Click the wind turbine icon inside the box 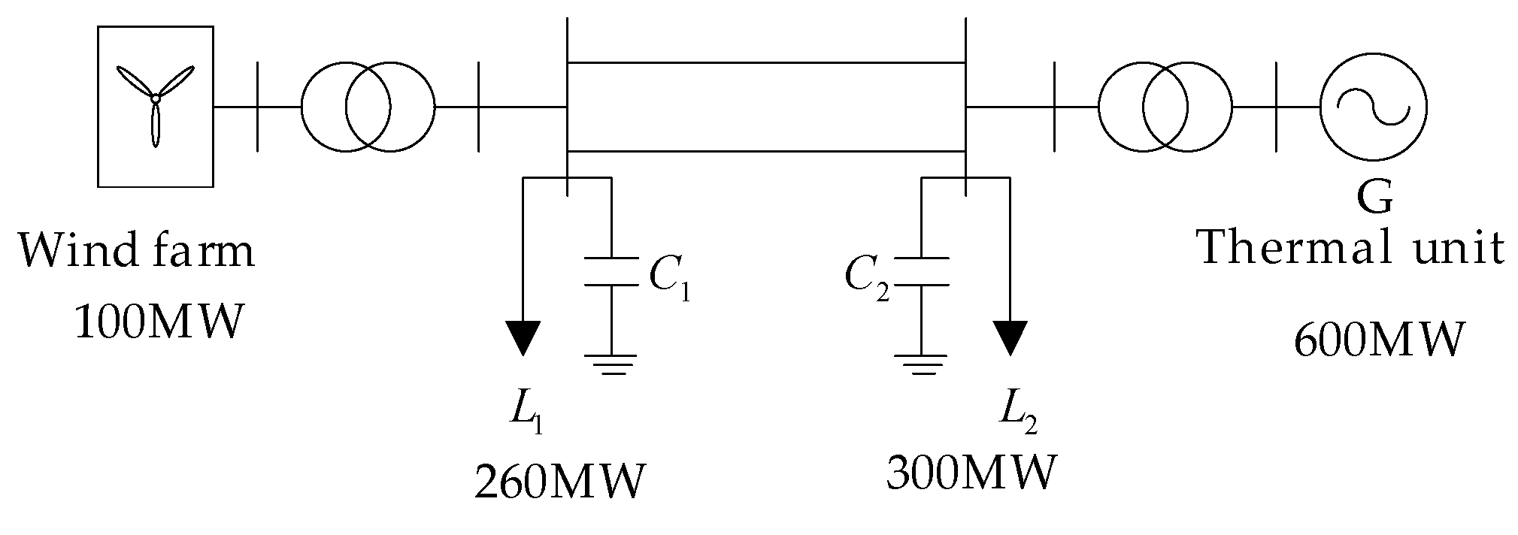click(x=155, y=101)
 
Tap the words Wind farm click(x=136, y=251)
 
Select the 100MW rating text click(x=160, y=322)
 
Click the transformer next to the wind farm click(x=368, y=107)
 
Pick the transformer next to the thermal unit click(x=1165, y=107)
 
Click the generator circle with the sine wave click(x=1373, y=107)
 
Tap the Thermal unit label click(x=1351, y=248)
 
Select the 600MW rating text click(x=1380, y=340)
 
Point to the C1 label click(x=668, y=279)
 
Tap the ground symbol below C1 click(x=611, y=364)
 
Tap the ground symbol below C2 click(x=923, y=364)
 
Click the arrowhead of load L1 click(x=523, y=337)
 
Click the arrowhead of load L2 click(x=1010, y=337)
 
